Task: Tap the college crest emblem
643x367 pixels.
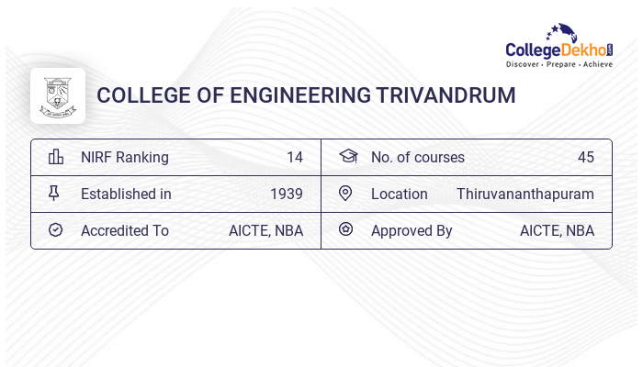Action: tap(57, 95)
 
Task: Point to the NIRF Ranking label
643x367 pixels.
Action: tap(125, 157)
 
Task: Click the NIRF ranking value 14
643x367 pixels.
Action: tap(294, 157)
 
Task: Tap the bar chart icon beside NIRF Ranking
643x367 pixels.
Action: tap(56, 157)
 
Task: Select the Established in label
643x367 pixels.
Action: tap(126, 194)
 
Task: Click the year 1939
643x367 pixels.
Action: tap(287, 194)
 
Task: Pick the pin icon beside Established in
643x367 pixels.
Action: tap(54, 194)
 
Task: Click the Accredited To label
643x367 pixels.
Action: tap(125, 230)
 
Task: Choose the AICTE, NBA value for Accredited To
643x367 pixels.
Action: tap(265, 230)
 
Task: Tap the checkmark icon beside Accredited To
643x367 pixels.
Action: tap(55, 230)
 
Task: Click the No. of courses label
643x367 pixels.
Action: tap(418, 157)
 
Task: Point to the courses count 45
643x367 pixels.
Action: tap(586, 157)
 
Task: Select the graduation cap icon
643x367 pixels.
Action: tap(347, 157)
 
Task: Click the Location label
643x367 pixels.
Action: tap(400, 194)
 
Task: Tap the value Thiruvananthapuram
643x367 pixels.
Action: tap(525, 194)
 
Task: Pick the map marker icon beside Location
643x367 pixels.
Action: tap(345, 194)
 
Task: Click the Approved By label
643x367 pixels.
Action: tap(412, 230)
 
